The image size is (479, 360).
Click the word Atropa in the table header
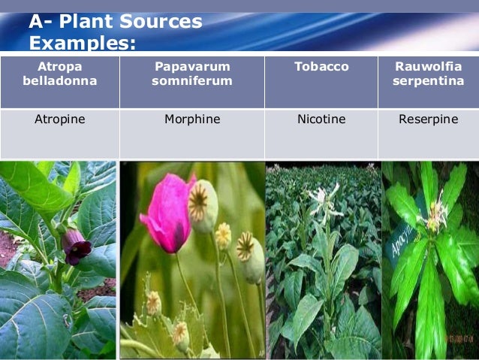pos(59,67)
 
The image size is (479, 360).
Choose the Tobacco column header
pos(321,67)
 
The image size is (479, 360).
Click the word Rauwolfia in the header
pos(428,67)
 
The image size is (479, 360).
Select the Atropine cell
pos(59,119)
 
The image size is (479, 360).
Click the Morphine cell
pos(192,119)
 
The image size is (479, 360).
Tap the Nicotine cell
pos(321,119)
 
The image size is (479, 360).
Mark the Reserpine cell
pos(428,119)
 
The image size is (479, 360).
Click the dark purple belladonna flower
pos(75,245)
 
